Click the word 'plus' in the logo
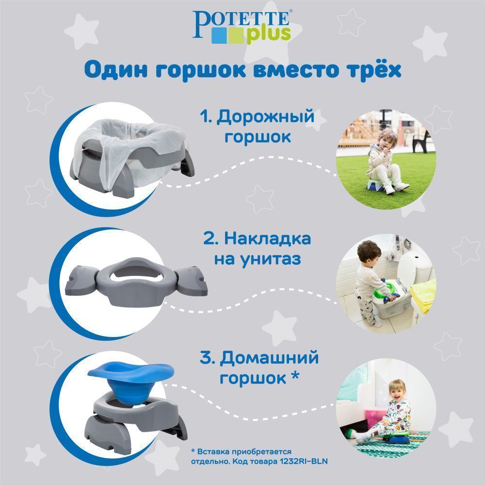269,34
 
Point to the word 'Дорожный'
265,117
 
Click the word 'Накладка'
268,239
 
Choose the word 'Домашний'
269,358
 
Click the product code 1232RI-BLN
304,462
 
